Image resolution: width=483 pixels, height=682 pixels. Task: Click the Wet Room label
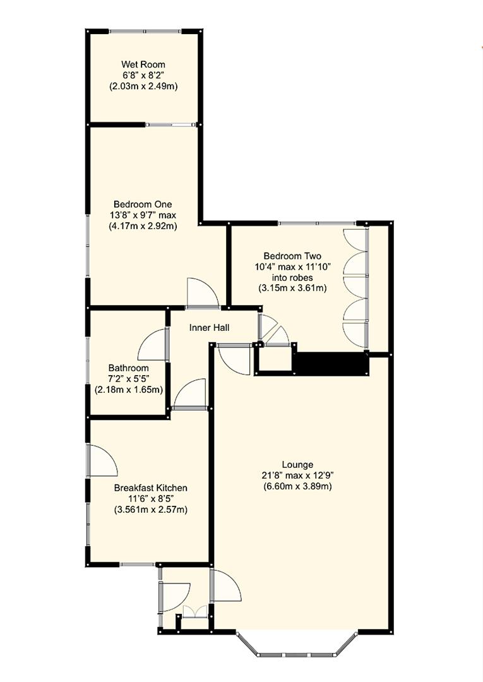coord(143,64)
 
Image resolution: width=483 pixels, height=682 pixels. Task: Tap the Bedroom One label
coord(143,204)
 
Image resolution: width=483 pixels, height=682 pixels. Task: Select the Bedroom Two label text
coord(292,256)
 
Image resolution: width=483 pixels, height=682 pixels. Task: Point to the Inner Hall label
coord(209,328)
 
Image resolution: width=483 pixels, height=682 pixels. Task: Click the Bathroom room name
coord(128,368)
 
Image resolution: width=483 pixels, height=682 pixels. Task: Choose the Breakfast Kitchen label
coord(150,488)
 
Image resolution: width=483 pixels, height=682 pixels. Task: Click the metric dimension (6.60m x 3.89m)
coord(298,486)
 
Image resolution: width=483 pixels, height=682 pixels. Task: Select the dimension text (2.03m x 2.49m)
coord(143,86)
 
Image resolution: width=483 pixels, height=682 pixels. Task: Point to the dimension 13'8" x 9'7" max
coord(143,215)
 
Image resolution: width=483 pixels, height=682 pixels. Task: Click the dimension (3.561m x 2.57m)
coord(150,510)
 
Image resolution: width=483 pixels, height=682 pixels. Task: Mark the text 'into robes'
coord(292,277)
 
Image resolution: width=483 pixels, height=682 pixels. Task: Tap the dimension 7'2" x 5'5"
coord(128,379)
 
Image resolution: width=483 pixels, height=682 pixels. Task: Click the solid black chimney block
coord(331,364)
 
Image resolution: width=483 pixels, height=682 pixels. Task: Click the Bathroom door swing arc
coord(152,345)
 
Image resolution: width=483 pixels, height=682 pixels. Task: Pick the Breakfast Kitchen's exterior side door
coord(101,460)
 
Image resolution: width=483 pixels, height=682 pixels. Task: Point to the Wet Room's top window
coord(145,31)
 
